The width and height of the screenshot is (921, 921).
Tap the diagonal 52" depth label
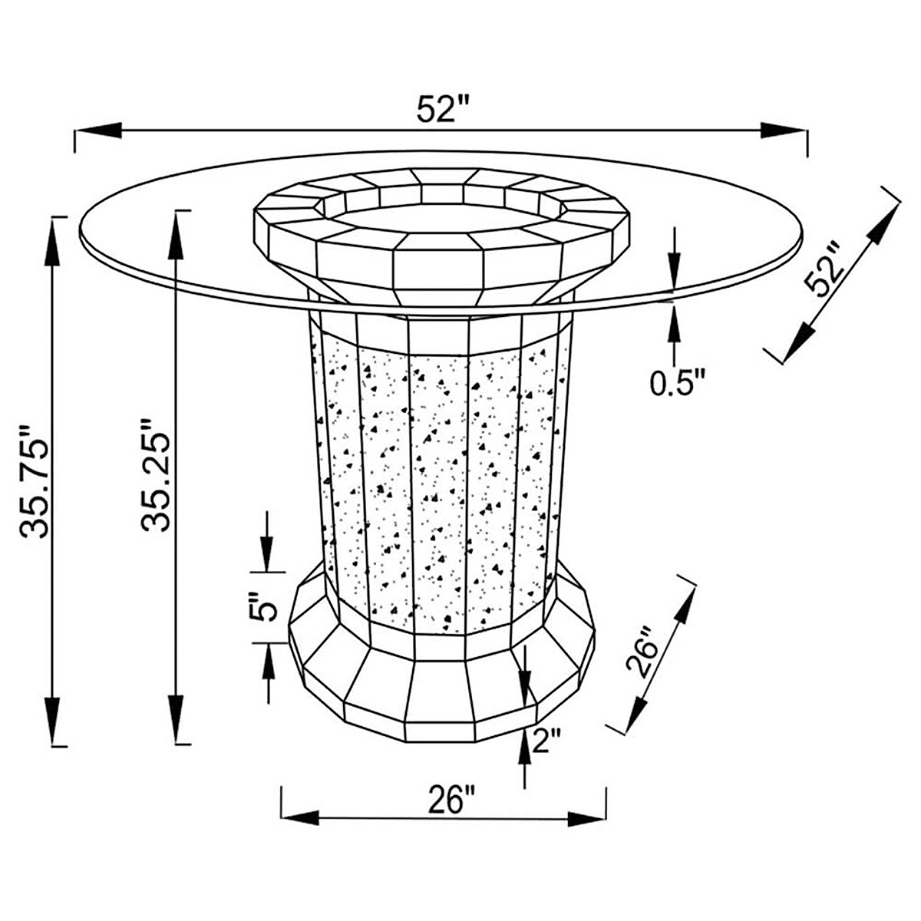(x=824, y=270)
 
